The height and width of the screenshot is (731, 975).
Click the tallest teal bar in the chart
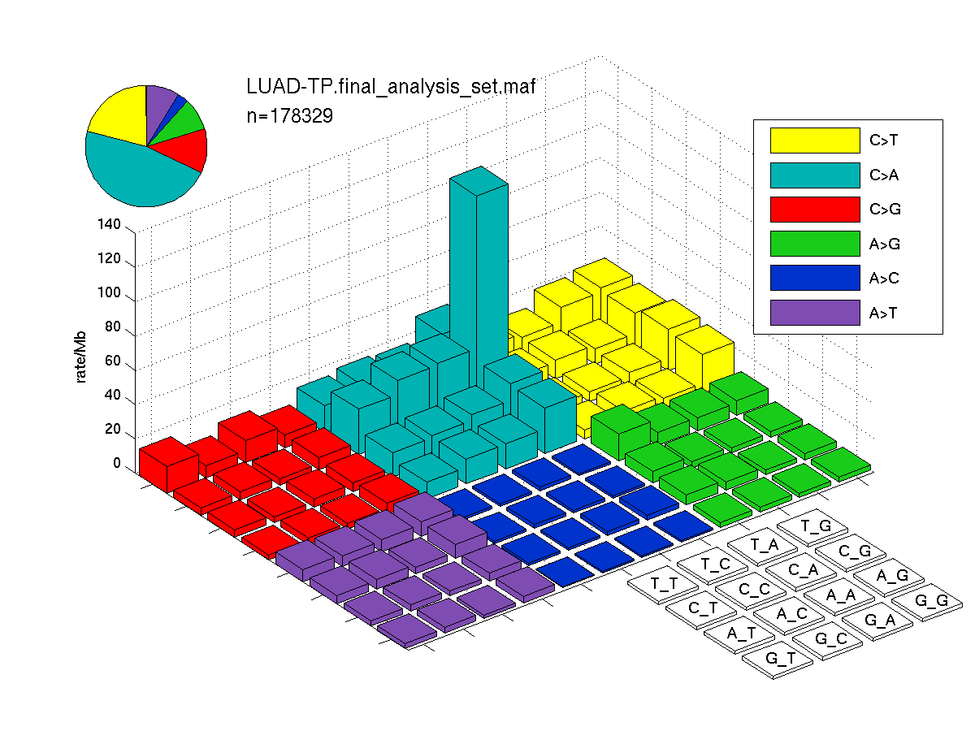point(479,279)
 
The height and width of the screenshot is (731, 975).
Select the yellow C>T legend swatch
point(815,141)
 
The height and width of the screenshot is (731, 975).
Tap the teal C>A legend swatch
point(815,175)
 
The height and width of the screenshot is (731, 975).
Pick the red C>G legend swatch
point(815,209)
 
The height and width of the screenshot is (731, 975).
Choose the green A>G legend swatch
point(815,243)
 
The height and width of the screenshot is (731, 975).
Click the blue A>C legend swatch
point(815,278)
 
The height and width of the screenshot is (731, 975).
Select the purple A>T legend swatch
point(815,313)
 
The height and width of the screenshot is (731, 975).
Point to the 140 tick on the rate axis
point(109,224)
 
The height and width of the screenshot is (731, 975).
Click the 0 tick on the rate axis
point(117,463)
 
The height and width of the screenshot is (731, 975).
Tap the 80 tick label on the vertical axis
point(112,327)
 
